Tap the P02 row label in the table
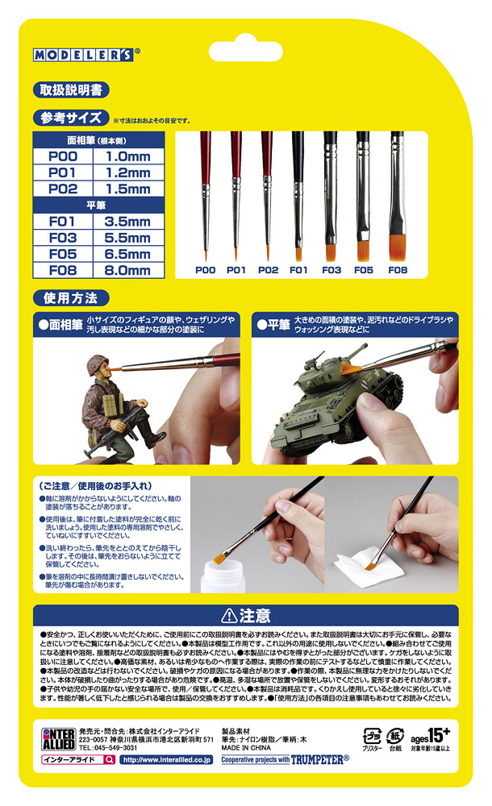tap(63, 189)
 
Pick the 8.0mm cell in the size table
tap(128, 271)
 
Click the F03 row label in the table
tap(63, 239)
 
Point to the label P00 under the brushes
tap(204, 271)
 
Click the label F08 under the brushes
tap(397, 271)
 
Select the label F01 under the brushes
tap(299, 271)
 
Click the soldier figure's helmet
tap(107, 364)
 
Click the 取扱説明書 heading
tap(70, 89)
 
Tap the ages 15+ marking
tap(436, 735)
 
